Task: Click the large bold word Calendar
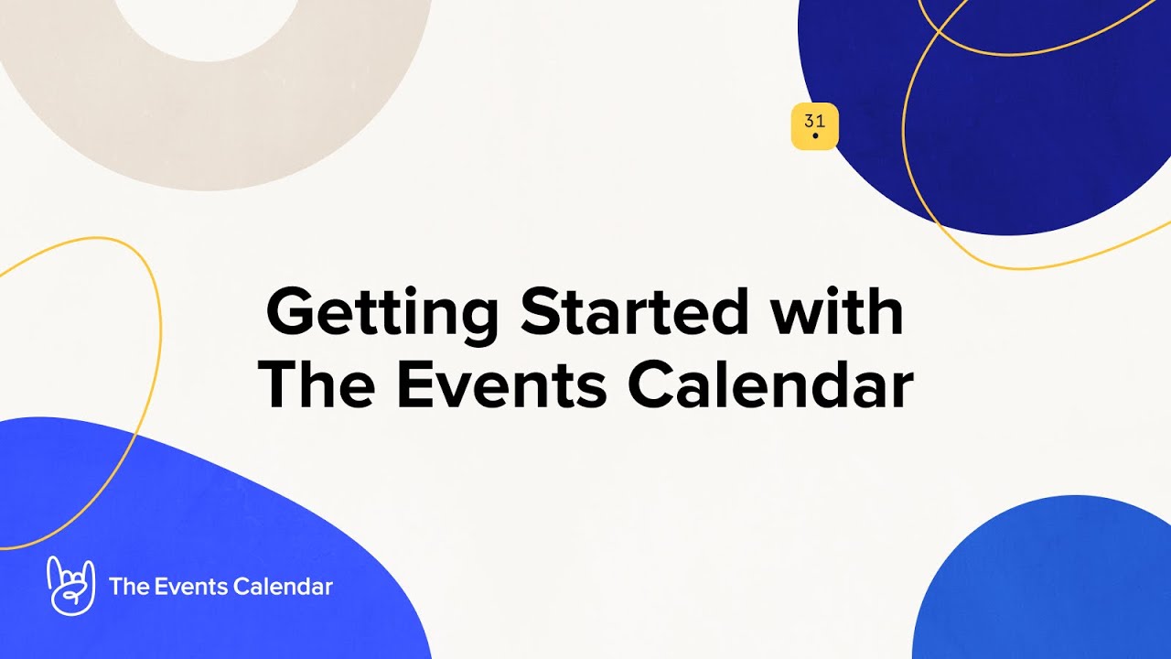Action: (x=770, y=385)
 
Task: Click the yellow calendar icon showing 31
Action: (x=814, y=126)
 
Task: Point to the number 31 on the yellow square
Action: (x=814, y=121)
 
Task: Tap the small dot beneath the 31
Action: (x=814, y=136)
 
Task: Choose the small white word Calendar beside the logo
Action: (x=283, y=587)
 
